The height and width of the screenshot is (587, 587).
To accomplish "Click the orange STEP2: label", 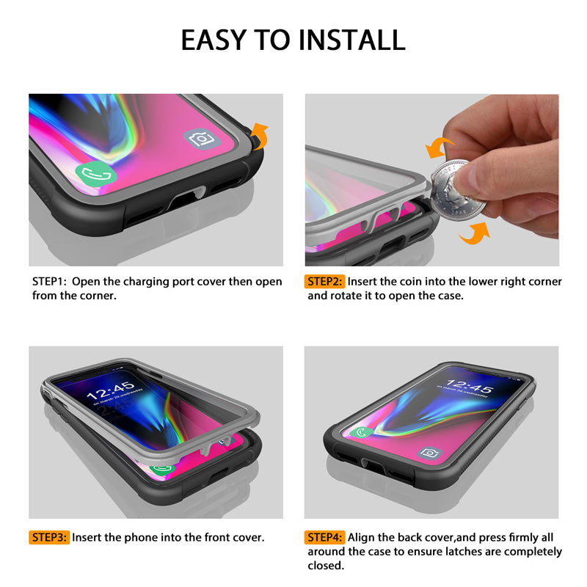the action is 324,282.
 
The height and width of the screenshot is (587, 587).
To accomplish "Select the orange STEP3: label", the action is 49,538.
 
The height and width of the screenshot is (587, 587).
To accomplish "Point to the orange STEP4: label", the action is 324,538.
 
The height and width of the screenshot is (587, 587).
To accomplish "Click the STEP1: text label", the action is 49,282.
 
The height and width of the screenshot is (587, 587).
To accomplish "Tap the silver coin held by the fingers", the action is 456,191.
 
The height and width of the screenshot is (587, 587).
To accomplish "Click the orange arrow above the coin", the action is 439,147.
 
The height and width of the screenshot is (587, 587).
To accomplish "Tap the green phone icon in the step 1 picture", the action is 96,173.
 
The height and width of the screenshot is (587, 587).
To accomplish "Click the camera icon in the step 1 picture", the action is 203,139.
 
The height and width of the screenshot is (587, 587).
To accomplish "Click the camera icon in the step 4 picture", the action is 429,453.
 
